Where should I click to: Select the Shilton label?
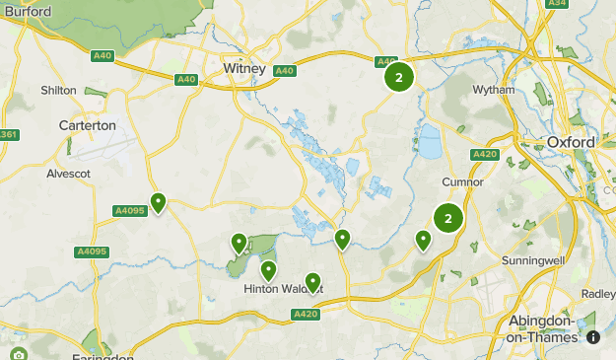tap(59, 90)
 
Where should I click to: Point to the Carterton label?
tap(87, 125)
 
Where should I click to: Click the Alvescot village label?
tap(69, 174)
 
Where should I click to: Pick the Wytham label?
tap(494, 90)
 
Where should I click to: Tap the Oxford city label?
tap(571, 142)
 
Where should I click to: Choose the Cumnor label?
tap(463, 181)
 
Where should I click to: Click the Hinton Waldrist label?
tap(283, 288)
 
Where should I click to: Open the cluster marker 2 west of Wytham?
tap(398, 77)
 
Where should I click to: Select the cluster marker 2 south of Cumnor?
tap(448, 219)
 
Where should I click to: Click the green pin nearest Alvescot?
tap(157, 203)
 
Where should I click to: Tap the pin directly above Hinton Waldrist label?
tap(268, 269)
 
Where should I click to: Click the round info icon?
tap(593, 336)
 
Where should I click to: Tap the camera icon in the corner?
tap(18, 354)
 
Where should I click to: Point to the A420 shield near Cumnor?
tap(484, 154)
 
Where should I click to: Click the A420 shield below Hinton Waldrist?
tap(305, 314)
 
